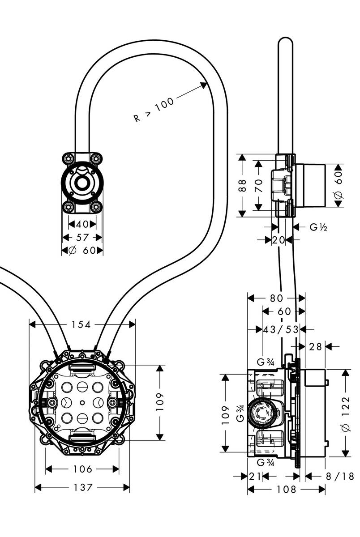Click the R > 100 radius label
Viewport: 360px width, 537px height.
click(x=154, y=110)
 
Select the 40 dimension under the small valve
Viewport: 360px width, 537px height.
click(x=82, y=224)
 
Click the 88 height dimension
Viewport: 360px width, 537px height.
click(x=242, y=186)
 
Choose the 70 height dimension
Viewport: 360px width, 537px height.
click(x=258, y=186)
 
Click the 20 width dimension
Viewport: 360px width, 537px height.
click(x=279, y=240)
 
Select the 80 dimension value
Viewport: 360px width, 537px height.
click(x=276, y=298)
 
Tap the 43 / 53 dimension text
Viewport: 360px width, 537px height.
click(x=281, y=329)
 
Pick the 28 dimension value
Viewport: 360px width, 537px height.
click(x=316, y=346)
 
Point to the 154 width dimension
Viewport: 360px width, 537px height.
click(x=81, y=324)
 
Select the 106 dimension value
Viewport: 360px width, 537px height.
click(x=82, y=469)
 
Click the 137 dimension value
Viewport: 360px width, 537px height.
click(x=82, y=487)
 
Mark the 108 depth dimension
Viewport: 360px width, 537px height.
click(x=287, y=490)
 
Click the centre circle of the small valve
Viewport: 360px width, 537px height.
click(x=82, y=183)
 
